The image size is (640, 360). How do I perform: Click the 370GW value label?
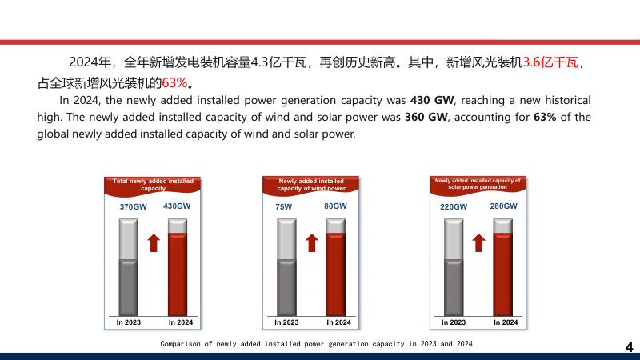tap(133, 207)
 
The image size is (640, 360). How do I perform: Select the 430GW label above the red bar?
tap(177, 206)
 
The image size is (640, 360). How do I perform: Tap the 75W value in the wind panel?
tap(284, 207)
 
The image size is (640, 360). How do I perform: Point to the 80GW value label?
tap(335, 206)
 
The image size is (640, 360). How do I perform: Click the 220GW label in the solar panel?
tap(454, 207)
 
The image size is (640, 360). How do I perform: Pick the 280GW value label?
tap(504, 206)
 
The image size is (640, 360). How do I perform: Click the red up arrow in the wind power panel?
tap(312, 243)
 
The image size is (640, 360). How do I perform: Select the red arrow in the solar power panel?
tap(478, 243)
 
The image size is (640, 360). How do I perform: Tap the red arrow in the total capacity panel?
tap(154, 243)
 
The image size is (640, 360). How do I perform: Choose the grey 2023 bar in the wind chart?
tap(286, 267)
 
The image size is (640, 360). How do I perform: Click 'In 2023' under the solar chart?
tap(453, 322)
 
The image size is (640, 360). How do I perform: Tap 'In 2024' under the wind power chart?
tap(338, 322)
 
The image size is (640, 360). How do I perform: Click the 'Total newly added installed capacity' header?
tap(153, 185)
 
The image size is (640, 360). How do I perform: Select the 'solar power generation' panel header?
tap(478, 184)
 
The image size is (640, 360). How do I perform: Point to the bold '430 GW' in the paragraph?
tap(432, 101)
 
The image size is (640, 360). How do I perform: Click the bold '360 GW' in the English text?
tap(426, 117)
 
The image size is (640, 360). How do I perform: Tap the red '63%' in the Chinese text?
tap(174, 83)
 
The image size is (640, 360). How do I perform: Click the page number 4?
tap(629, 347)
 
